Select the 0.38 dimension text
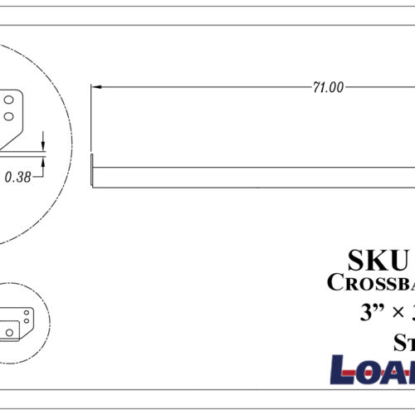click(x=19, y=177)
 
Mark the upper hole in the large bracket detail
click(x=8, y=99)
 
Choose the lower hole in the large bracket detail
click(x=8, y=114)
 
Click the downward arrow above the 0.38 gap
click(x=42, y=146)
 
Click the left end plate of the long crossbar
click(x=92, y=171)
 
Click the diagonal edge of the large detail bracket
click(x=15, y=138)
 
